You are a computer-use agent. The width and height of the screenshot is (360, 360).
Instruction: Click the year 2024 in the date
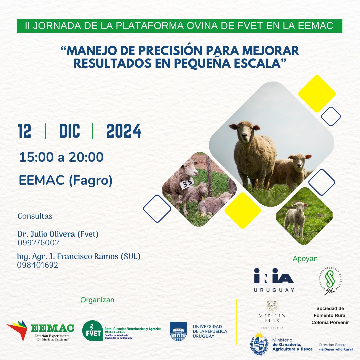click(x=124, y=131)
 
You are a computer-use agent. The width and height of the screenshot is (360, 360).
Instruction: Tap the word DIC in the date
click(x=70, y=131)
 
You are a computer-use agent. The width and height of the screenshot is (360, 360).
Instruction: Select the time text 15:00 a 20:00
click(x=61, y=157)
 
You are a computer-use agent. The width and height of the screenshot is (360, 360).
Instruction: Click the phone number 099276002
click(x=38, y=243)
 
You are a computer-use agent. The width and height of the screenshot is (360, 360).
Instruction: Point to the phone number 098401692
click(x=38, y=265)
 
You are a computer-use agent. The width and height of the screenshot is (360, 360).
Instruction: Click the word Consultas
click(x=35, y=216)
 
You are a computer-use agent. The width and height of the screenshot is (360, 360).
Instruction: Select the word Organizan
click(x=97, y=300)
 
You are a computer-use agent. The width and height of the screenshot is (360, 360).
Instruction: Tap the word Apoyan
click(x=305, y=259)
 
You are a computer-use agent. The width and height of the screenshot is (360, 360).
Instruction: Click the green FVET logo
click(x=93, y=330)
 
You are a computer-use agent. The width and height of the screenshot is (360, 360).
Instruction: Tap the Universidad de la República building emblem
click(x=178, y=331)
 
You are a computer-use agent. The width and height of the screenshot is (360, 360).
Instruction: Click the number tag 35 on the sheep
click(x=187, y=183)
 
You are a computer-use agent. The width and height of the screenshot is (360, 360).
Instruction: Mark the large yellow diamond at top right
click(x=317, y=93)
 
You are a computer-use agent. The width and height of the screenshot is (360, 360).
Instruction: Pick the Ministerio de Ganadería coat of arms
click(x=259, y=344)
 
